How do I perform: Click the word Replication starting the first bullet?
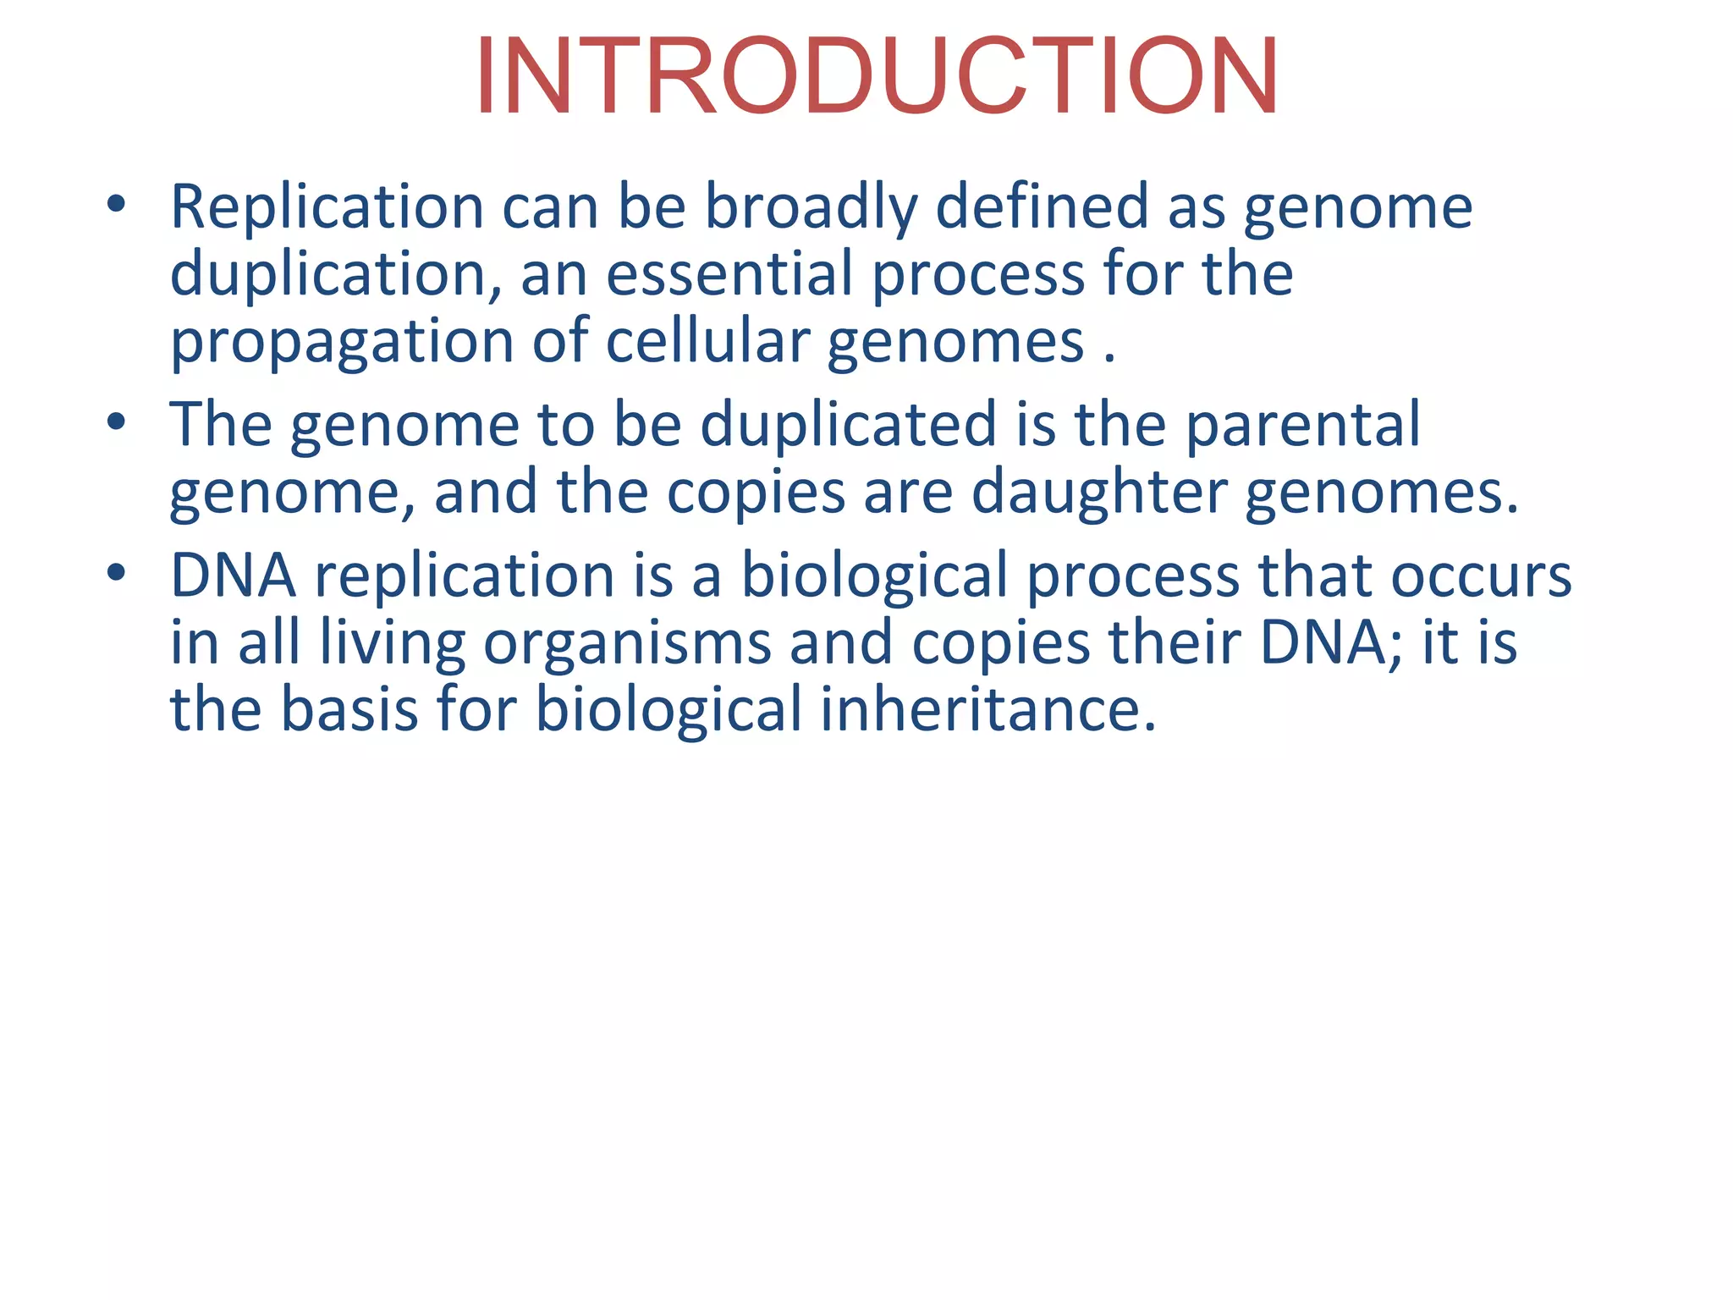[x=327, y=207]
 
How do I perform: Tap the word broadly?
[x=811, y=207]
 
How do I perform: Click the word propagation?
[x=342, y=342]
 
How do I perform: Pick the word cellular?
[x=708, y=342]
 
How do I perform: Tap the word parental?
[x=1302, y=425]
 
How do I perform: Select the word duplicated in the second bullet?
[x=849, y=425]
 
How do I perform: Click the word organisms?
[x=627, y=643]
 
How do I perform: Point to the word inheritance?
[x=988, y=709]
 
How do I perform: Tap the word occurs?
[x=1481, y=576]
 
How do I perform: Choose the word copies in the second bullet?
[x=756, y=493]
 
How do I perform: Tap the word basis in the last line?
[x=349, y=709]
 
